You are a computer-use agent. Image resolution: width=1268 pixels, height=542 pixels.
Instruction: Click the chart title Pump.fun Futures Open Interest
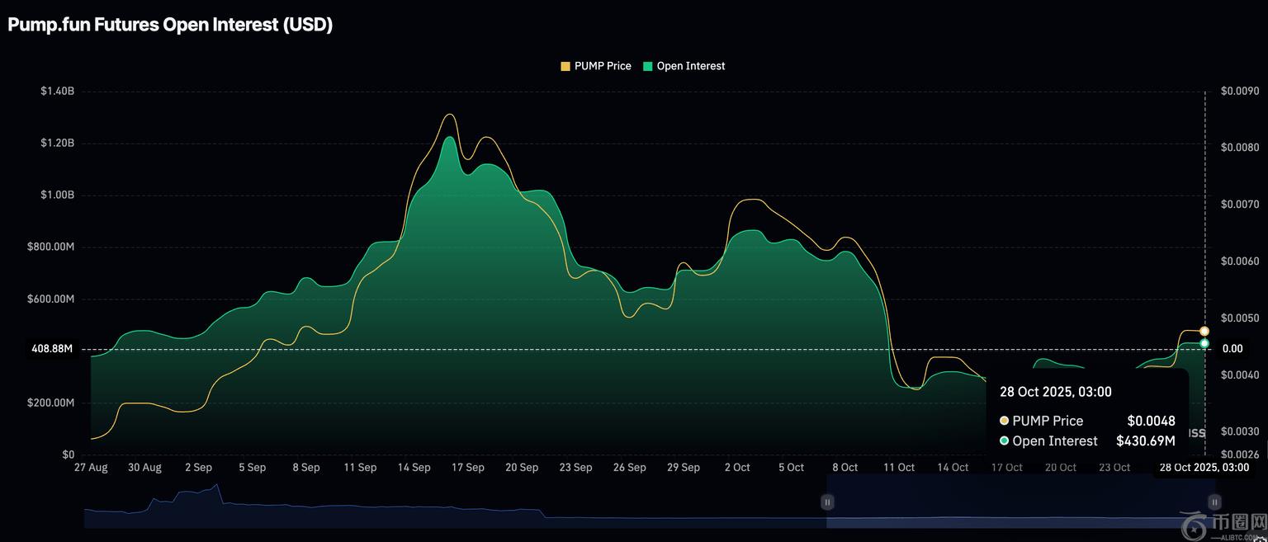170,25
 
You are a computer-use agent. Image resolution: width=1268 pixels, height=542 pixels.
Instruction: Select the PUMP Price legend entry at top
596,66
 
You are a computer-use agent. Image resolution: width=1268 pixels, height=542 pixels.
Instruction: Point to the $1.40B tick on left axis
57,91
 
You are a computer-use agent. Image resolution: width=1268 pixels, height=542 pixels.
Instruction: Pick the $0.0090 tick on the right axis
1239,91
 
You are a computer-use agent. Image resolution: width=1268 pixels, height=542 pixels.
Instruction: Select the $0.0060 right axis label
1239,262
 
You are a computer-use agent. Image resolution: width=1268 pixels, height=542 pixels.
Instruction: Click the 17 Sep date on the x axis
468,467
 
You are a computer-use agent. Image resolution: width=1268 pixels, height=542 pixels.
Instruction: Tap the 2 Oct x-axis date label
737,467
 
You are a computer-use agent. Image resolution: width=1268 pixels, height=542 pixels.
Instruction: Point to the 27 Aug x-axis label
91,467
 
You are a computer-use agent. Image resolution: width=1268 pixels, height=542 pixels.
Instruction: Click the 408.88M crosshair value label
52,349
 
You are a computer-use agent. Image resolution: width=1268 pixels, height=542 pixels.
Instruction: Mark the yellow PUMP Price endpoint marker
1204,331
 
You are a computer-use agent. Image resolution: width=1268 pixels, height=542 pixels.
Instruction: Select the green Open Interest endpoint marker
1204,343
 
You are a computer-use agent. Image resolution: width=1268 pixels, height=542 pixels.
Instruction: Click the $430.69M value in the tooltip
1145,441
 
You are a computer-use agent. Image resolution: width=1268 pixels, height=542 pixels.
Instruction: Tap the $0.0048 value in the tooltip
1151,421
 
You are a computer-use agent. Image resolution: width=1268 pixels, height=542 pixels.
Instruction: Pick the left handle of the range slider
827,502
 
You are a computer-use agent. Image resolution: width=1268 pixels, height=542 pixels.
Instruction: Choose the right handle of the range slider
1214,502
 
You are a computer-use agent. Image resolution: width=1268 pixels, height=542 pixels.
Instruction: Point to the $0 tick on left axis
68,455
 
